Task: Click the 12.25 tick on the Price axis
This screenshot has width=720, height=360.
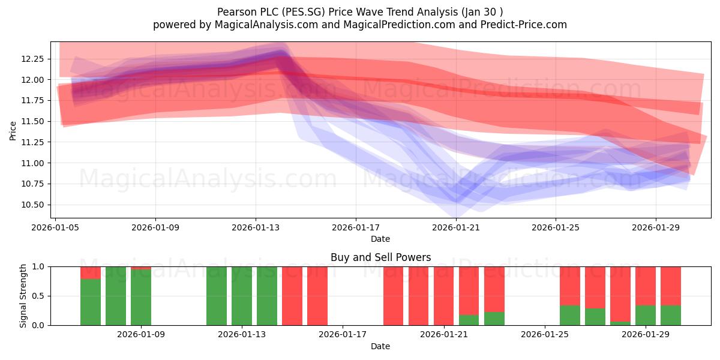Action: click(32, 59)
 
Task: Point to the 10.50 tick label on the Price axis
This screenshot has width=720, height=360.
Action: click(32, 205)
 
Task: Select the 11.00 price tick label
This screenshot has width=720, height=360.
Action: click(32, 163)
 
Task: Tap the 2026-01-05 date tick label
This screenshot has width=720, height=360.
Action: click(55, 227)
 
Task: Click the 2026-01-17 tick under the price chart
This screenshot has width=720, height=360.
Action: click(356, 227)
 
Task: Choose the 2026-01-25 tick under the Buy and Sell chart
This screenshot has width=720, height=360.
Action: click(545, 334)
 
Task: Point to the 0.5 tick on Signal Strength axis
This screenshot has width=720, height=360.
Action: click(38, 296)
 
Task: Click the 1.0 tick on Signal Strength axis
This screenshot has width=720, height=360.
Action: click(38, 267)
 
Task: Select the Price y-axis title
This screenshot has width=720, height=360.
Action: click(13, 131)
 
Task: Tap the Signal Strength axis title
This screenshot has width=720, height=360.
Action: click(23, 296)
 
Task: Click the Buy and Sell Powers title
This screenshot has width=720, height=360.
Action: click(380, 257)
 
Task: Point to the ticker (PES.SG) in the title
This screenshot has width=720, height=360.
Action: click(304, 12)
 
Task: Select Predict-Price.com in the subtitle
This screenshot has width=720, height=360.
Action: click(524, 25)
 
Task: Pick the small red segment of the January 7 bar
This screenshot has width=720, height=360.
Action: click(91, 273)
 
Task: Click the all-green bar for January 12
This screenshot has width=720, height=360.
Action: click(217, 296)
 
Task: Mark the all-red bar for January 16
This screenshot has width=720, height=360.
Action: click(317, 296)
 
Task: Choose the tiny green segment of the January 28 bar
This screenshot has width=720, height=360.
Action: click(620, 323)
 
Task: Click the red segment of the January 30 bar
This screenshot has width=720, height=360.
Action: click(671, 286)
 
